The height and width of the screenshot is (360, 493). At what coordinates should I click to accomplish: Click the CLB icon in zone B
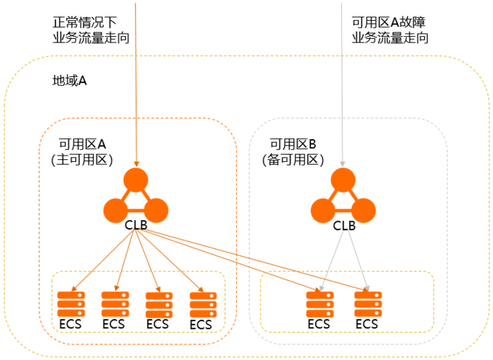tap(343, 197)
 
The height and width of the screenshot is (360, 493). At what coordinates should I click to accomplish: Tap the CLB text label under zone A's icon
tap(135, 225)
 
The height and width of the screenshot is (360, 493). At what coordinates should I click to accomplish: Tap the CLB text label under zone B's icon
tap(343, 225)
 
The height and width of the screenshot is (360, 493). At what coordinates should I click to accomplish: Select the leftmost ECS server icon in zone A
tap(71, 303)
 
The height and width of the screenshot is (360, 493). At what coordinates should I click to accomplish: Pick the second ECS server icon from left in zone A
tap(114, 303)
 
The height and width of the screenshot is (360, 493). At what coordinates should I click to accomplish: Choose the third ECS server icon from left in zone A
tap(158, 304)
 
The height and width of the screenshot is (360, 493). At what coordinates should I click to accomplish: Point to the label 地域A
tap(70, 80)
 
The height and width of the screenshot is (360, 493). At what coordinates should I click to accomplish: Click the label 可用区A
tap(81, 143)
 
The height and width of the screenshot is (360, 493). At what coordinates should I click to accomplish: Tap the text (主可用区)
tap(82, 160)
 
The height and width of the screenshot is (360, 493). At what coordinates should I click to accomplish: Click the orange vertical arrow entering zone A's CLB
tap(135, 86)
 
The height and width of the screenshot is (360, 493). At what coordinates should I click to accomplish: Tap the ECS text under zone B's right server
tap(366, 324)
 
